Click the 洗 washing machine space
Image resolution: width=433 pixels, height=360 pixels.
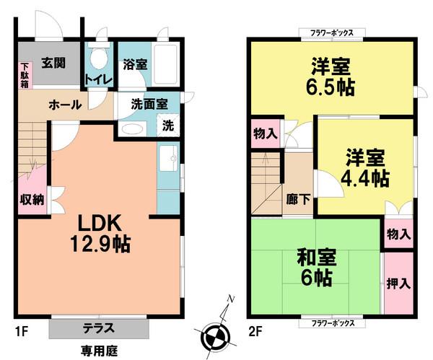pyautogui.click(x=167, y=125)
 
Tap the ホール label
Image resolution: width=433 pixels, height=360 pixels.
pyautogui.click(x=64, y=105)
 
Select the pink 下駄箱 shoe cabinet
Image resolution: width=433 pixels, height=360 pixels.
pyautogui.click(x=24, y=75)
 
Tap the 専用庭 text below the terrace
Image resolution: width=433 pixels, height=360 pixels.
pyautogui.click(x=99, y=351)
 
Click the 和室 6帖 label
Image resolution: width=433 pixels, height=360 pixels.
pyautogui.click(x=315, y=265)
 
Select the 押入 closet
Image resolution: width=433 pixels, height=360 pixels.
pyautogui.click(x=399, y=284)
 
